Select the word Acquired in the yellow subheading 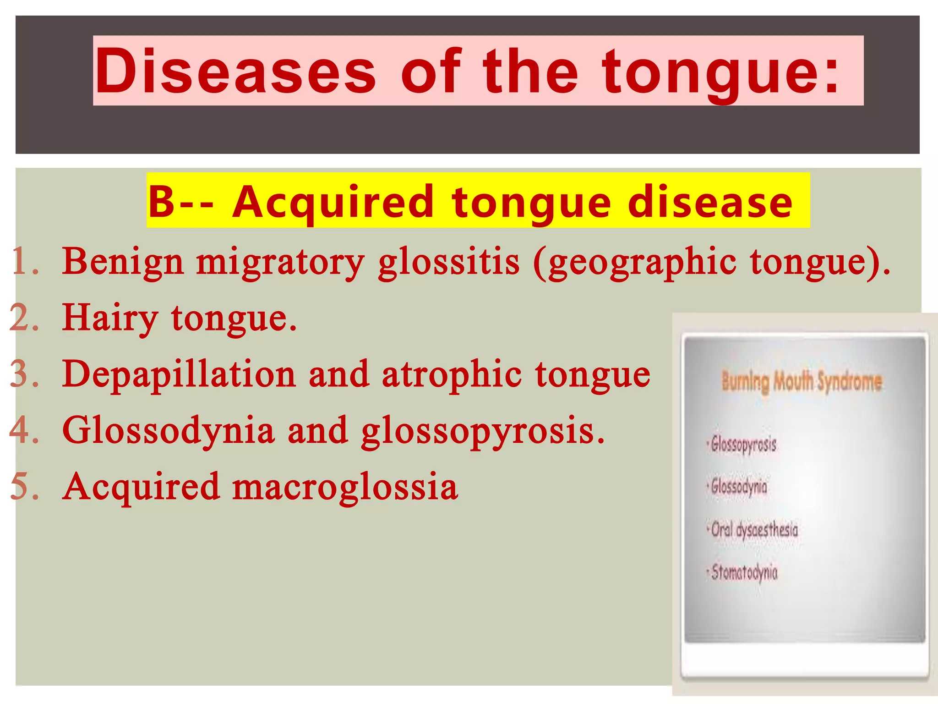(x=333, y=202)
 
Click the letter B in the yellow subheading (x=162, y=202)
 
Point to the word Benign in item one (x=123, y=262)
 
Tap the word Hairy (x=110, y=318)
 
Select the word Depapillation (x=179, y=374)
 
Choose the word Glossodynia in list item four (x=168, y=430)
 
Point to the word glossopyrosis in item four (x=482, y=431)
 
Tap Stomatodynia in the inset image (x=744, y=572)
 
